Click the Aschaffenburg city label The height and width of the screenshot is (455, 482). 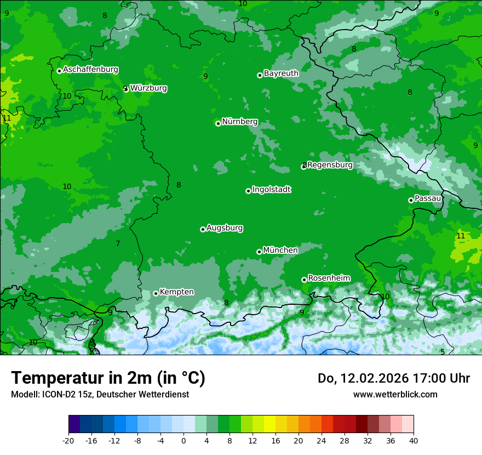click(90, 70)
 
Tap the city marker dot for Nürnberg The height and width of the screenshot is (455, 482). click(218, 123)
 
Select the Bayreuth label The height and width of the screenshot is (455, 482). click(281, 73)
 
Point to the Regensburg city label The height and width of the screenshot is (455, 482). click(330, 164)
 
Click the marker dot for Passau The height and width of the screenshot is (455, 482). click(411, 200)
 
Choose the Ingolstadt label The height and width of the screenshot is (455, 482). click(271, 190)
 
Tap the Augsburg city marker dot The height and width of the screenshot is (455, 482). click(203, 229)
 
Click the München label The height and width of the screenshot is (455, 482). click(280, 250)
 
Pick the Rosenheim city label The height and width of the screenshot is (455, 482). click(329, 278)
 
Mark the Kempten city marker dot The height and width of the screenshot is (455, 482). click(156, 293)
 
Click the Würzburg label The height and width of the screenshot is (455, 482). click(148, 88)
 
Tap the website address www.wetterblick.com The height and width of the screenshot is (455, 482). click(395, 394)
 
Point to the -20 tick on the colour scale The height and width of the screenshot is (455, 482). click(68, 441)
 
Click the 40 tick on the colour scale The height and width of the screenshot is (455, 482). click(414, 441)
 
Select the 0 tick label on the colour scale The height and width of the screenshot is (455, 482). click(183, 441)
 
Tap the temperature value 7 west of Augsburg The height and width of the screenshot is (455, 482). click(118, 243)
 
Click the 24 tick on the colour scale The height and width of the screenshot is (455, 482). click(322, 441)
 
